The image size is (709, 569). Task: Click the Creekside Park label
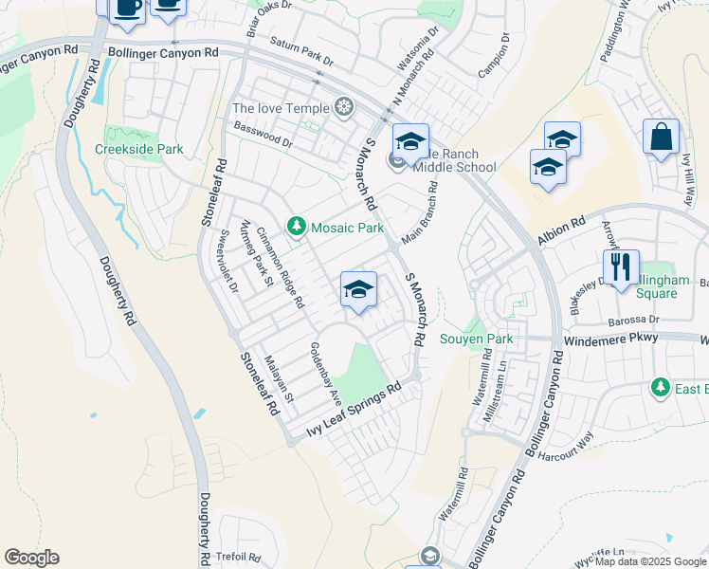(x=138, y=149)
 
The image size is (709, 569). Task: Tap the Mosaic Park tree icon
(x=298, y=227)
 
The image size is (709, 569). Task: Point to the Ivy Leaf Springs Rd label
(x=354, y=411)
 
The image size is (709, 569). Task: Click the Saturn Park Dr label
(x=301, y=51)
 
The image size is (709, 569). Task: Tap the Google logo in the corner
(x=31, y=558)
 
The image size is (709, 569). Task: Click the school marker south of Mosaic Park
(x=359, y=289)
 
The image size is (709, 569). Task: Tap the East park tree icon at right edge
(x=660, y=388)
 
